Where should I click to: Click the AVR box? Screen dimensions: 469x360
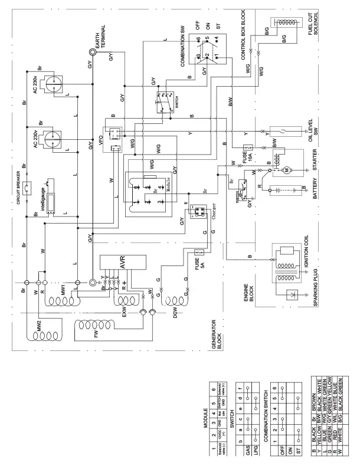click(x=123, y=265)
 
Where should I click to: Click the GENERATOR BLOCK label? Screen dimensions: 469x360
click(x=218, y=353)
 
